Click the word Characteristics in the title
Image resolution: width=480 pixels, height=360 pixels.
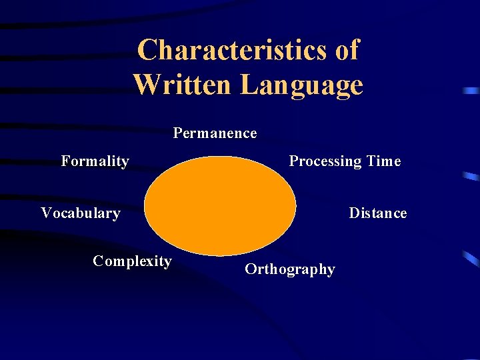click(x=231, y=50)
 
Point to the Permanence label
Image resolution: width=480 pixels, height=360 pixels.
click(x=215, y=133)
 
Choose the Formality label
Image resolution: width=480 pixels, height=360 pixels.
click(x=95, y=161)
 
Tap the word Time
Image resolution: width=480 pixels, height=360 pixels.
click(x=384, y=161)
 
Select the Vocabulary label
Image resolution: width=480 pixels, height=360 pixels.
click(x=80, y=213)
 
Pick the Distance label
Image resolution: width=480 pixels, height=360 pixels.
click(x=377, y=213)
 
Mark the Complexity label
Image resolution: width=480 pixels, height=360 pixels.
click(x=132, y=261)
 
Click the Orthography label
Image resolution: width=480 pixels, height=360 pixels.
click(x=289, y=270)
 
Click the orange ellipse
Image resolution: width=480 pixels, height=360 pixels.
click(x=220, y=205)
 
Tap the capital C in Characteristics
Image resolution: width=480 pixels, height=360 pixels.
click(x=147, y=50)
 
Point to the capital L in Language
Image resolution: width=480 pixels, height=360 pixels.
click(x=249, y=85)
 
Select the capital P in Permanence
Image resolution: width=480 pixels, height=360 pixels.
click(x=177, y=133)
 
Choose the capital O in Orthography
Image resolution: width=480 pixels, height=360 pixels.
click(x=251, y=269)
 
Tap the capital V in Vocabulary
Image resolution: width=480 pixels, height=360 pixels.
click(x=46, y=213)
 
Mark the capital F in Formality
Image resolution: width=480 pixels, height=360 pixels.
click(x=65, y=161)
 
